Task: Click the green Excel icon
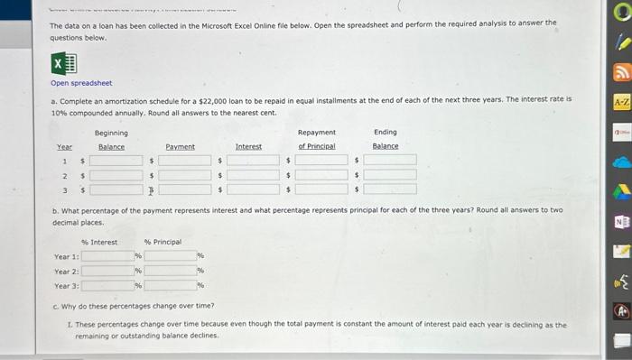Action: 63,64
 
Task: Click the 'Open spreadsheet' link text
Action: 81,83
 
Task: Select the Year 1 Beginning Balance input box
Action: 116,160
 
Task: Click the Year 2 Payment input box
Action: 185,175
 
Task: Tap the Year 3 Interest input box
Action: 253,189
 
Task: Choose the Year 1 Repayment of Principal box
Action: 321,160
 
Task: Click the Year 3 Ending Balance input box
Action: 390,189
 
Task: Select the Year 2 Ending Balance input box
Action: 390,175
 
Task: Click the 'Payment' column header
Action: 180,146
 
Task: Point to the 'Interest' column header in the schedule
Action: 248,146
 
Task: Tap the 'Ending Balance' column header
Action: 386,139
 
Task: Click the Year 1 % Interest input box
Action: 107,256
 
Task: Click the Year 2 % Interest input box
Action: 107,271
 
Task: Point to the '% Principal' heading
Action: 163,242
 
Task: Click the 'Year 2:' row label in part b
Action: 67,271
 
